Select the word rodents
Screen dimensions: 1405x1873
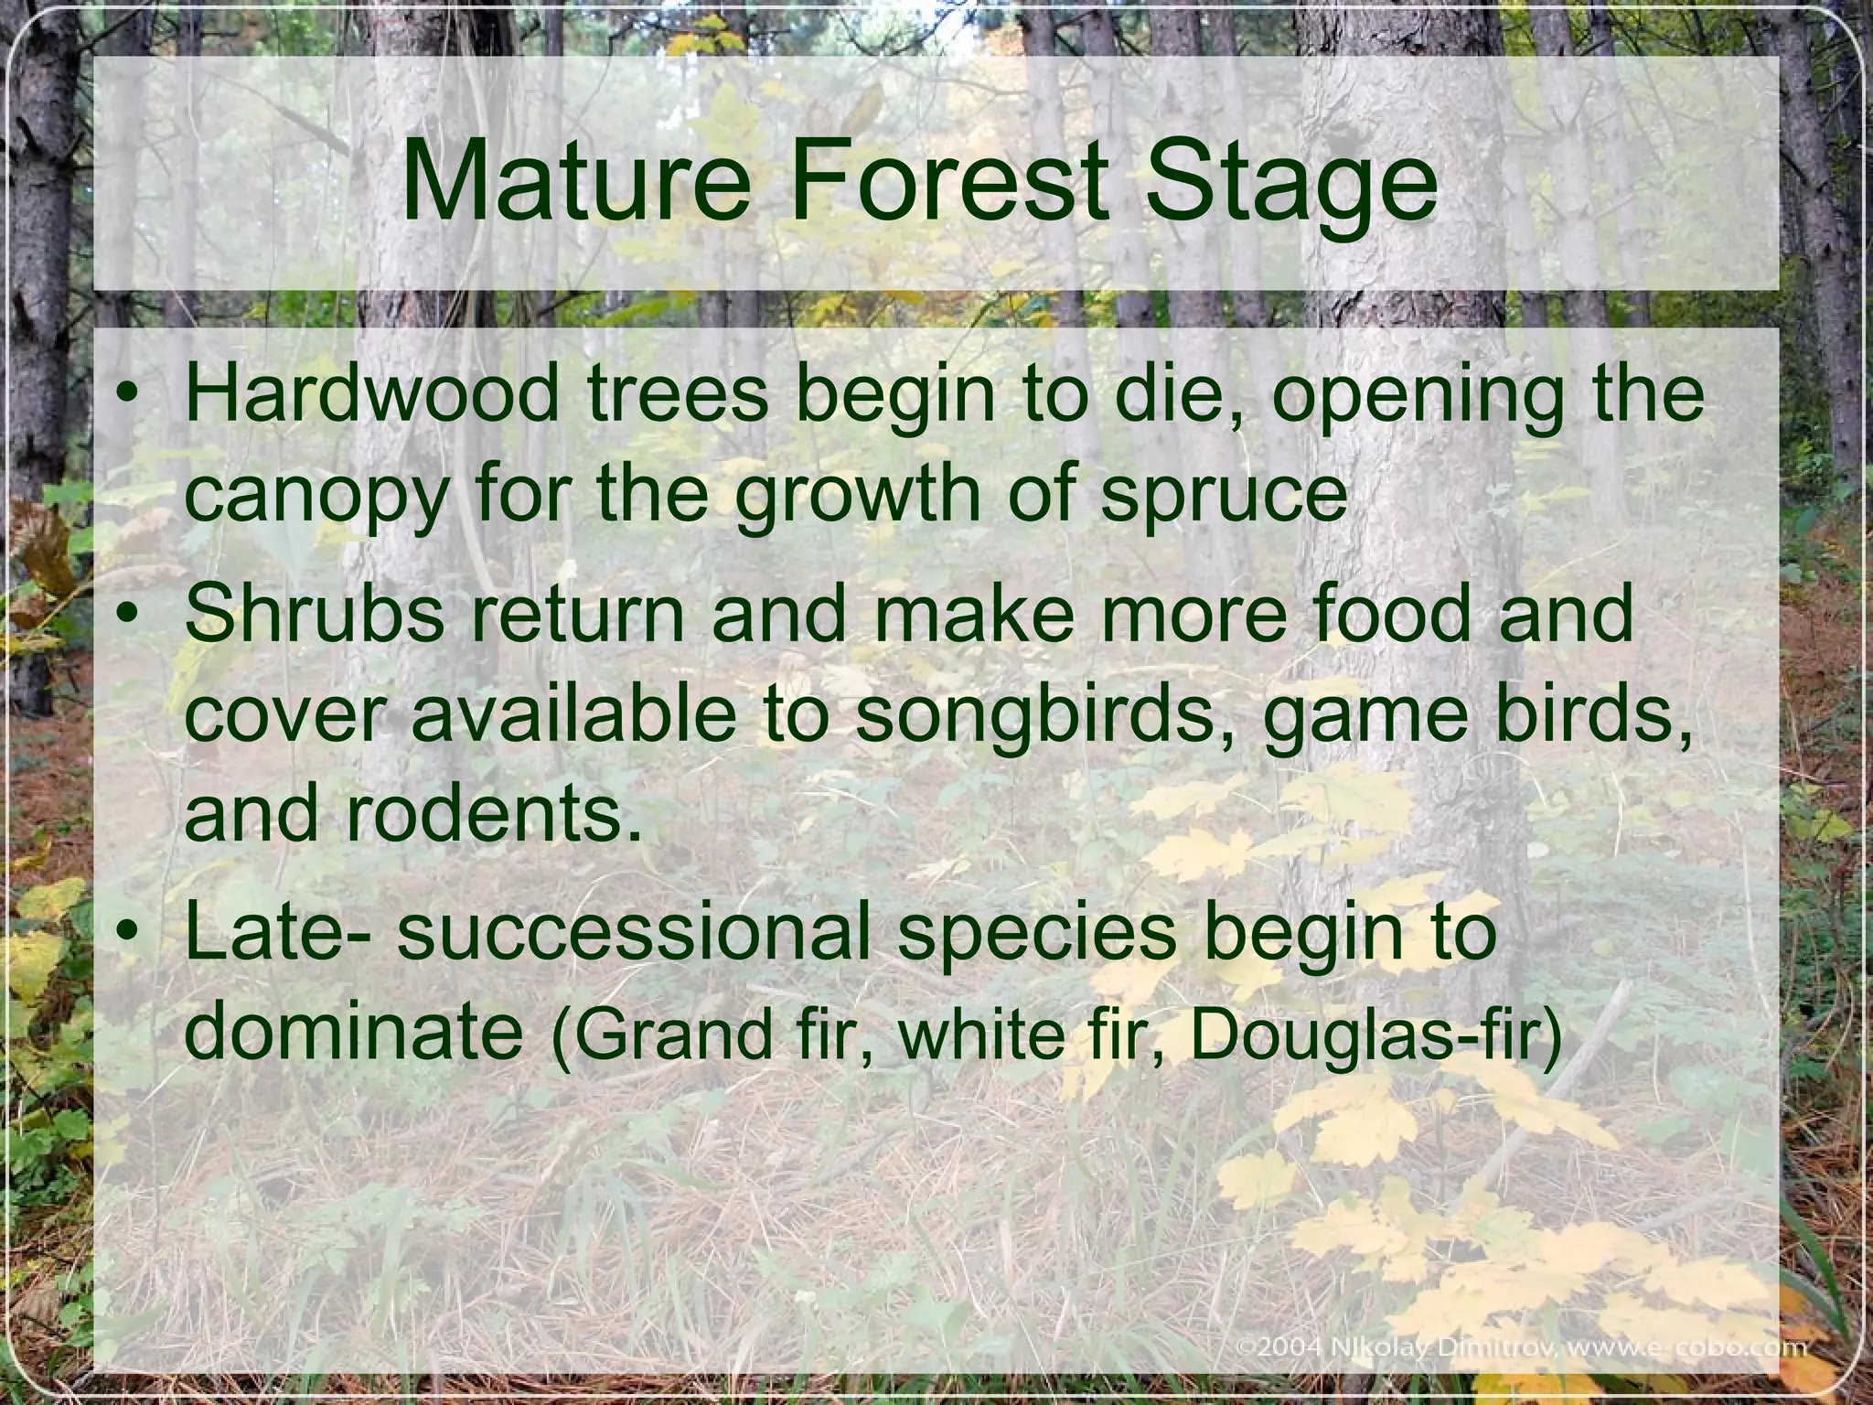(x=493, y=813)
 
